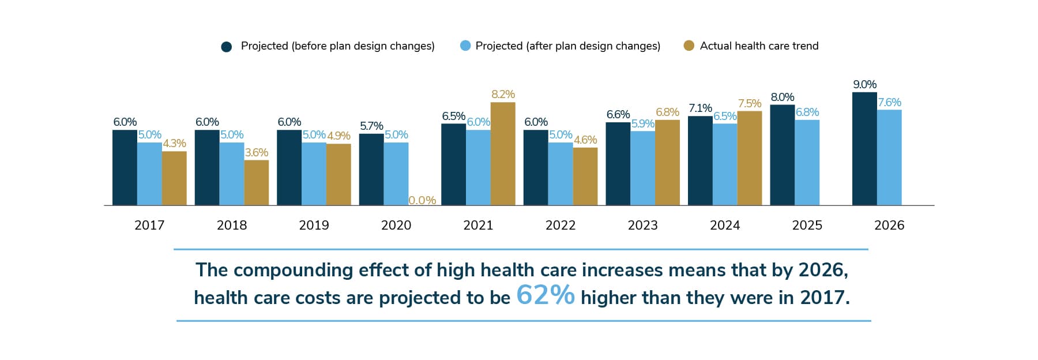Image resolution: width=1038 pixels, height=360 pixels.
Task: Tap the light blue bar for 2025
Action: (x=807, y=163)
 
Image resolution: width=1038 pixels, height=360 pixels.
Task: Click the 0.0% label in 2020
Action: (x=422, y=200)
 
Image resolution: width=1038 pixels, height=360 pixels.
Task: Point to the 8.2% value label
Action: (x=503, y=94)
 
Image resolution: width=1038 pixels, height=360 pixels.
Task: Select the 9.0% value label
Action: (x=864, y=84)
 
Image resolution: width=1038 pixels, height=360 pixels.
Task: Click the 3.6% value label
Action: (x=256, y=152)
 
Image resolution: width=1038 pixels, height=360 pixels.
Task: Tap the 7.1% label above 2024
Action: (x=700, y=108)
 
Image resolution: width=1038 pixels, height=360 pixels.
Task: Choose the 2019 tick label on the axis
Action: (x=314, y=225)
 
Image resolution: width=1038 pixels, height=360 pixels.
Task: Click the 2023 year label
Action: (x=642, y=225)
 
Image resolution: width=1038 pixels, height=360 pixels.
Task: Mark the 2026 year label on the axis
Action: (x=889, y=225)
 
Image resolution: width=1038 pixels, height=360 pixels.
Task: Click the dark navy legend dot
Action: (x=227, y=47)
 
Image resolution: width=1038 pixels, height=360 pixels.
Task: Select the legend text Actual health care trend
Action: (x=759, y=46)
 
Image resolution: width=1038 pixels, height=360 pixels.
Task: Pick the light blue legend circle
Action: (x=465, y=46)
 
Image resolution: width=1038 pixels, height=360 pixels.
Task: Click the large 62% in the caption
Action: (x=545, y=295)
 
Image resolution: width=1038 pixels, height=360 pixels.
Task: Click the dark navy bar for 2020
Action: (x=371, y=170)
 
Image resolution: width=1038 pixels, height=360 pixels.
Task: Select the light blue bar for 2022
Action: (x=560, y=174)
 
